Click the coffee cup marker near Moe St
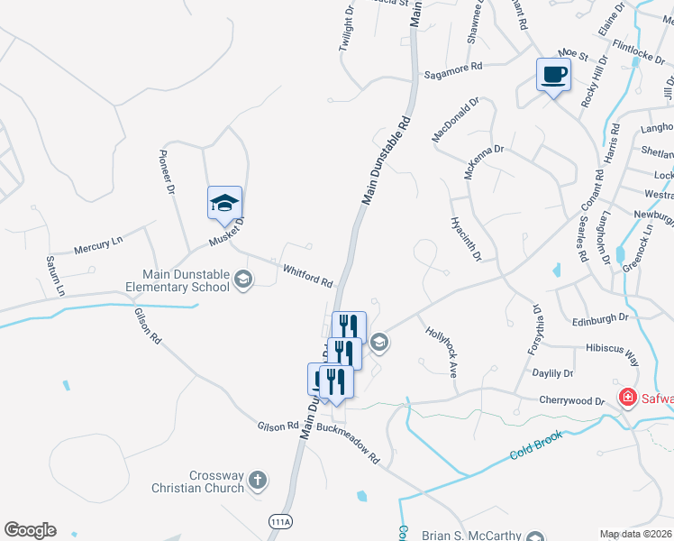(x=553, y=75)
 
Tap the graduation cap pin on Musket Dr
(x=224, y=203)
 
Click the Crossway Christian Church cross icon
(x=257, y=479)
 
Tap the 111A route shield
(x=280, y=521)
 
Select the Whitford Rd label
(x=307, y=275)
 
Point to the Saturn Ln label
(x=55, y=275)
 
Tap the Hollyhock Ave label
(x=442, y=351)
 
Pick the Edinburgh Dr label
(x=599, y=318)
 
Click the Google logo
(x=30, y=530)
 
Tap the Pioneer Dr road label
(x=167, y=171)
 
